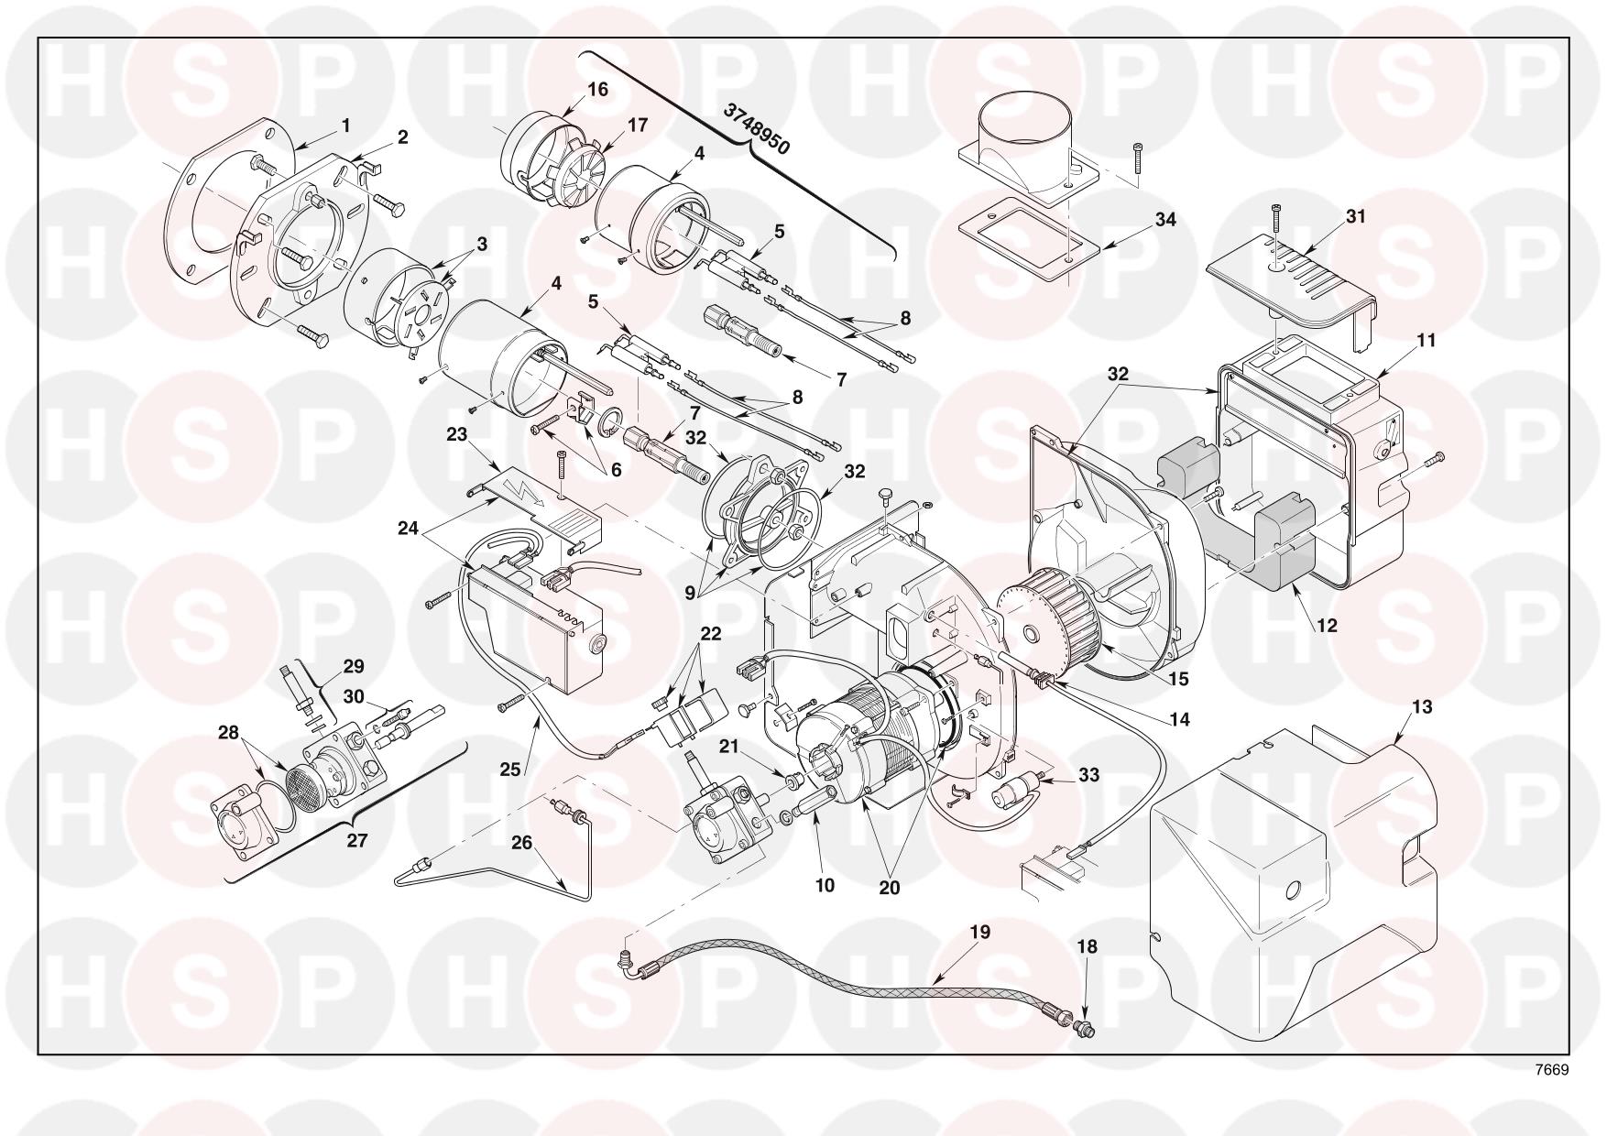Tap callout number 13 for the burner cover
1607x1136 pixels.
click(1396, 707)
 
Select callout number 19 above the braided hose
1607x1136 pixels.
click(980, 933)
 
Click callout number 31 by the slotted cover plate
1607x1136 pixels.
click(1356, 216)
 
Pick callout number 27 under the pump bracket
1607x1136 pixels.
click(357, 839)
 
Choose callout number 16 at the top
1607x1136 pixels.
click(597, 90)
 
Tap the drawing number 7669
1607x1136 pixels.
click(1552, 1070)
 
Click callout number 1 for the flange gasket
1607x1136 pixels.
click(346, 125)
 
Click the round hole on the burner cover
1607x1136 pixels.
click(1294, 889)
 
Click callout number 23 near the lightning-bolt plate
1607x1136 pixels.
click(456, 434)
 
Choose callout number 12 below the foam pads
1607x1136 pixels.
click(1326, 626)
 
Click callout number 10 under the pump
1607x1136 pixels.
click(825, 885)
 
